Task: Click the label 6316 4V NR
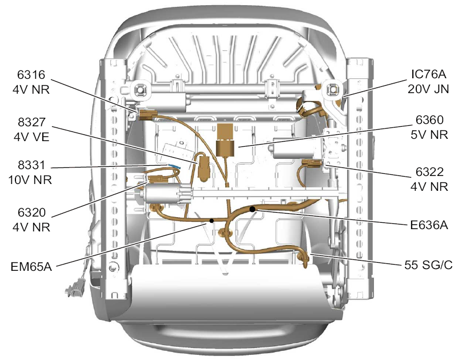31,82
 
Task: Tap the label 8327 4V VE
31,130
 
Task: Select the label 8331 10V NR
30,172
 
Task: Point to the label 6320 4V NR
31,220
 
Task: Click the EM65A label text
31,266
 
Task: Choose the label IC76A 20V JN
428,81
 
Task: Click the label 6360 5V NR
429,127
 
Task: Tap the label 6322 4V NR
429,179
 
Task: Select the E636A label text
429,225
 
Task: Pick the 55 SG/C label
428,265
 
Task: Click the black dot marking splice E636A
252,209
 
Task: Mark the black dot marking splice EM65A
212,221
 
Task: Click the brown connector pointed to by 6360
225,140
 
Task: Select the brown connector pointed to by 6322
312,163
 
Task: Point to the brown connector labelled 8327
204,169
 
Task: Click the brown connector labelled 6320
157,179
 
